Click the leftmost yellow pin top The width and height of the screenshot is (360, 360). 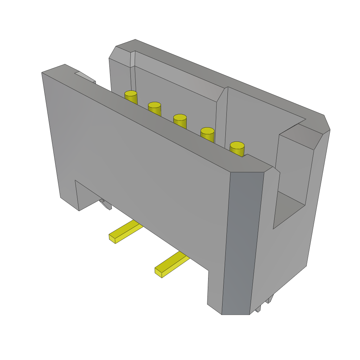coord(130,94)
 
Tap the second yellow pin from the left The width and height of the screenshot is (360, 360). coord(154,105)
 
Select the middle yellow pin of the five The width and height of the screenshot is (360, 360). coord(180,117)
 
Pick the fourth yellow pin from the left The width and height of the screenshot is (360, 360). coord(207,131)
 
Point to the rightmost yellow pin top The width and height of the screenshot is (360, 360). coord(237,145)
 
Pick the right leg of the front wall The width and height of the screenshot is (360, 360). coord(215,292)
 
